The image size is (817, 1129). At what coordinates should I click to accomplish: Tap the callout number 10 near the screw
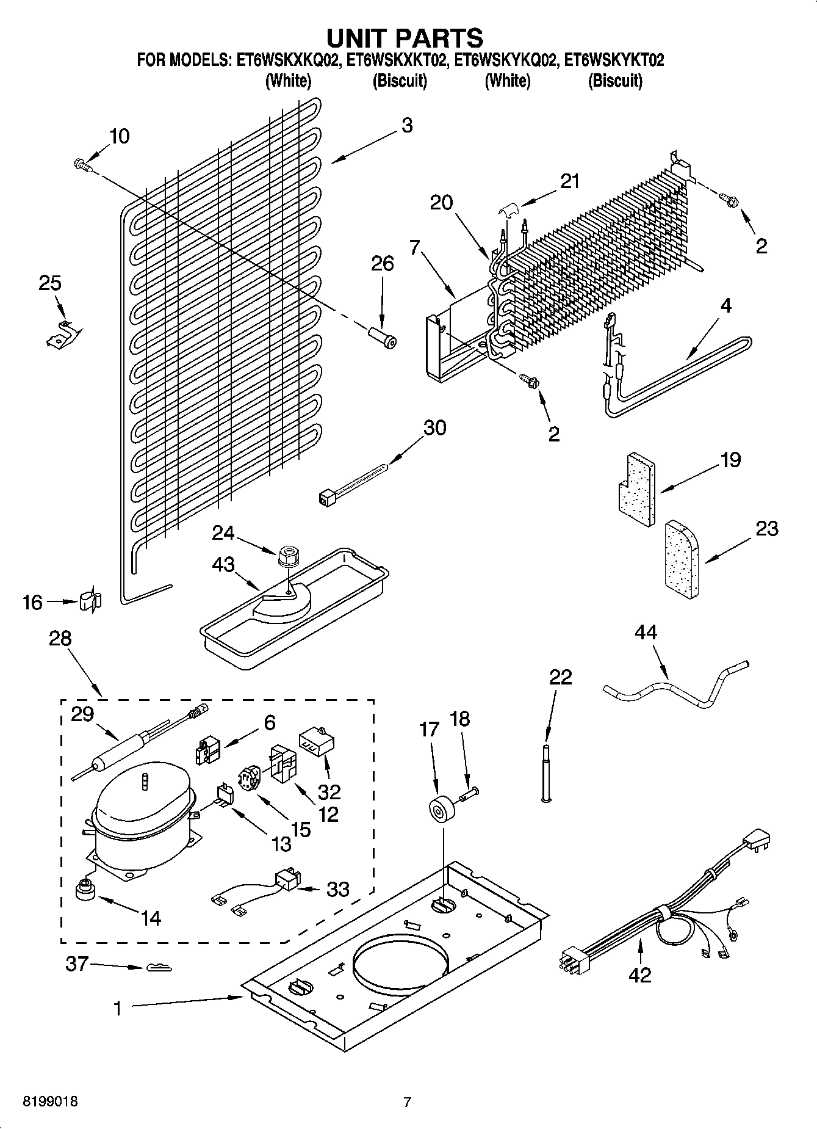[x=120, y=136]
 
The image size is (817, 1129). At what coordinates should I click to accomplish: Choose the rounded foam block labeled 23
[x=681, y=557]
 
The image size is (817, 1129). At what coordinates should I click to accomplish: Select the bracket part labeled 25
[x=62, y=333]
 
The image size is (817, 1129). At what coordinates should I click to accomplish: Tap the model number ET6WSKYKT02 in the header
[x=614, y=60]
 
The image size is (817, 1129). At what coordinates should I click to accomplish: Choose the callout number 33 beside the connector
[x=337, y=889]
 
